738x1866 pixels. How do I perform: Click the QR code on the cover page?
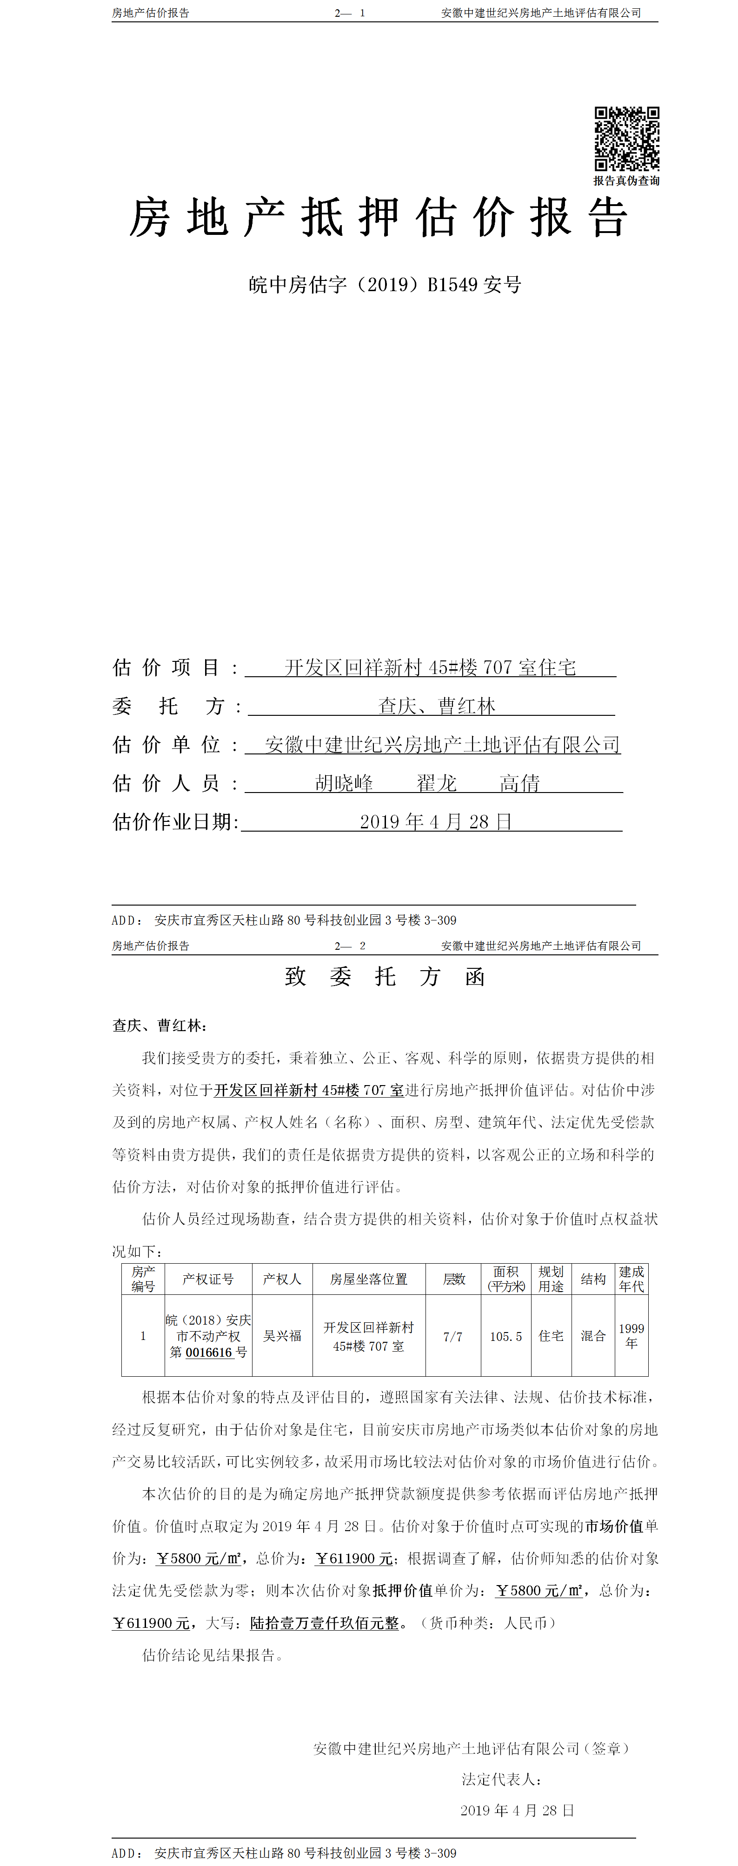626,139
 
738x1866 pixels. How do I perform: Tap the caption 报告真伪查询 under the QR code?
626,181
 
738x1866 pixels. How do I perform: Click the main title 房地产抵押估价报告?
378,217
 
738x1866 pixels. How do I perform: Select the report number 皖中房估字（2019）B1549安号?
385,285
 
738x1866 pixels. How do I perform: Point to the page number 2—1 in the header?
350,13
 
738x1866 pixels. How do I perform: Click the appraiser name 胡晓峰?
344,783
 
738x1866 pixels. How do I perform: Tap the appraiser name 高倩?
519,783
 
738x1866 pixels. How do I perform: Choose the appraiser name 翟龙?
437,783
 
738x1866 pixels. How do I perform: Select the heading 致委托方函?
385,976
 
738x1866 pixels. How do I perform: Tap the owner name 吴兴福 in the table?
282,1336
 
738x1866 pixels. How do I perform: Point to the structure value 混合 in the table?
593,1336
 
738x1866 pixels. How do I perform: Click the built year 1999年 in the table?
631,1336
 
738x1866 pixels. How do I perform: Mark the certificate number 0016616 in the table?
209,1353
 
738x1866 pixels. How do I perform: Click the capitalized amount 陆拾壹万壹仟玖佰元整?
325,1623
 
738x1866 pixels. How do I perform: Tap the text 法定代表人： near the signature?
502,1779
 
